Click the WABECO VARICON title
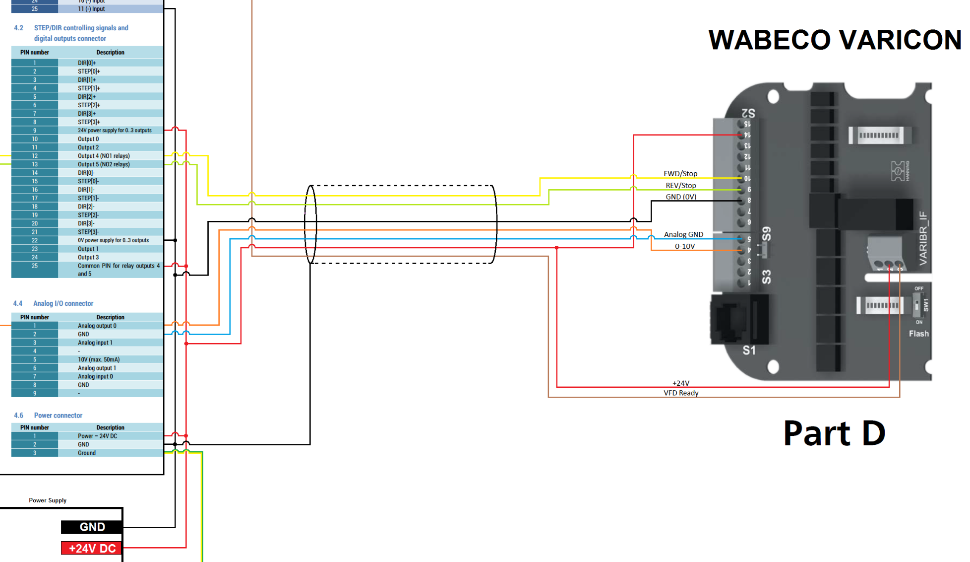coord(835,40)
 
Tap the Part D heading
coord(834,433)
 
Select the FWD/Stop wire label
coord(680,174)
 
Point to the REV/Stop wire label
coord(680,186)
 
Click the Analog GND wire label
coord(683,234)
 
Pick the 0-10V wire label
coord(684,246)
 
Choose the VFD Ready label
coord(681,393)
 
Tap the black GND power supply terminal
coord(92,527)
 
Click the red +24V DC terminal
coord(92,548)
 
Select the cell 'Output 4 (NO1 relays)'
coord(104,156)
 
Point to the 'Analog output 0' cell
coord(97,326)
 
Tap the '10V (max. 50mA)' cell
coord(99,359)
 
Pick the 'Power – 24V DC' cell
coord(97,436)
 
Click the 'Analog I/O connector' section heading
coord(63,303)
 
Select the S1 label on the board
coord(749,351)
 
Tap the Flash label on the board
coord(918,334)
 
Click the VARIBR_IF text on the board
coord(923,238)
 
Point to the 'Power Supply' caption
coord(48,500)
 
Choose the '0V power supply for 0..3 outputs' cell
coord(113,240)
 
